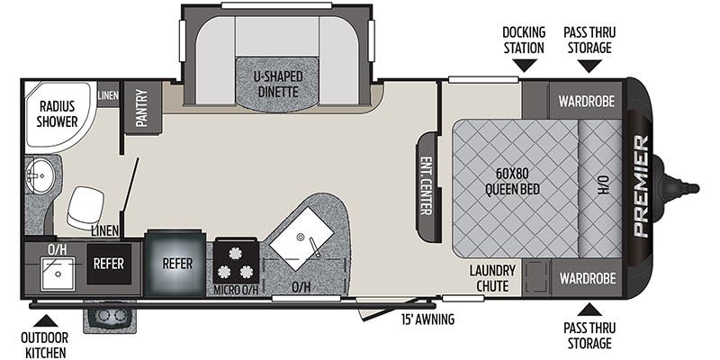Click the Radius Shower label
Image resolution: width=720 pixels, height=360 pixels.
coord(57,114)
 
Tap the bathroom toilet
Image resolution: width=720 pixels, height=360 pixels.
coord(85,207)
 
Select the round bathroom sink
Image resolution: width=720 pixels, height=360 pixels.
coord(39,175)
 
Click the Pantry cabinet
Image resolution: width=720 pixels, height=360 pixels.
coord(143,107)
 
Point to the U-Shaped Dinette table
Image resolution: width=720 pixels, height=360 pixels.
coord(277,85)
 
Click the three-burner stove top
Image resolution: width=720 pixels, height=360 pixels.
coord(236,263)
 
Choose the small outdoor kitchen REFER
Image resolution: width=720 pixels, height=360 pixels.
coord(109,264)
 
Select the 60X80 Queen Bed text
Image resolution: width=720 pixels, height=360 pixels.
coord(512,182)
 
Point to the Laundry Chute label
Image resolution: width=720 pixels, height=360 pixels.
coord(492,278)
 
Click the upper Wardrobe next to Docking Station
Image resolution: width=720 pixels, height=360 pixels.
coord(586,101)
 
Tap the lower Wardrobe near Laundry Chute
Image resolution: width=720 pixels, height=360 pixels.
coord(588,278)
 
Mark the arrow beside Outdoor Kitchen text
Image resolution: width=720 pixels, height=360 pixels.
coord(46,320)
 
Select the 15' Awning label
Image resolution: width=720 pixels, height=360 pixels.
coord(427,319)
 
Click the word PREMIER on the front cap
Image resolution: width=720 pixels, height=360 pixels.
coord(641,186)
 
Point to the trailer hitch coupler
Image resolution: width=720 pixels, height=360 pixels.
coord(681,187)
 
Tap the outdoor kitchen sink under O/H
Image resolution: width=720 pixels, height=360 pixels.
coord(58,274)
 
